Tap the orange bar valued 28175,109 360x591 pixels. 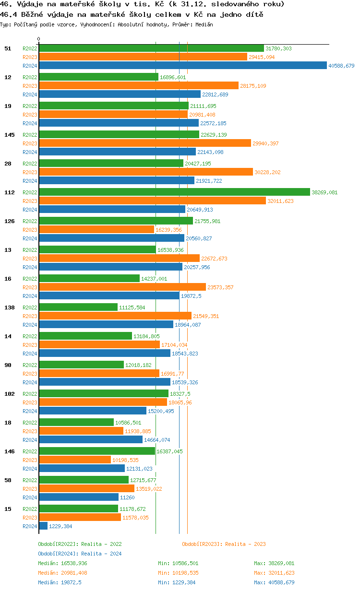tap(139, 86)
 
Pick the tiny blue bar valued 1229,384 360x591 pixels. tap(43, 526)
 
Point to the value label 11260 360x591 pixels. tap(127, 497)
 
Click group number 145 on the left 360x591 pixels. tap(9, 135)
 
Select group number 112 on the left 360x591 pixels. tap(9, 192)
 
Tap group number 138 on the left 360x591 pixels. tap(9, 307)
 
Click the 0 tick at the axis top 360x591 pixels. tap(39, 39)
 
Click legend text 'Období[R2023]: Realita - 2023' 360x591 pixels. tap(224, 544)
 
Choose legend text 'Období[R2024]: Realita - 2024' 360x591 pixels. tap(80, 554)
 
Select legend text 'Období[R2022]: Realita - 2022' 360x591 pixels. tap(80, 544)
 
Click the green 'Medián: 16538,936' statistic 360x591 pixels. tap(62, 563)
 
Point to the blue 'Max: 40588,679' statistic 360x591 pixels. tap(274, 582)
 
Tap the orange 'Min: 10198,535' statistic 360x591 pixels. tap(178, 573)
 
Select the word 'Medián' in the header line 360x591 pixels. tap(204, 24)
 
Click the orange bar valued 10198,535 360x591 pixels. tap(75, 460)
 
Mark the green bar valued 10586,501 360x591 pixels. tap(76, 423)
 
